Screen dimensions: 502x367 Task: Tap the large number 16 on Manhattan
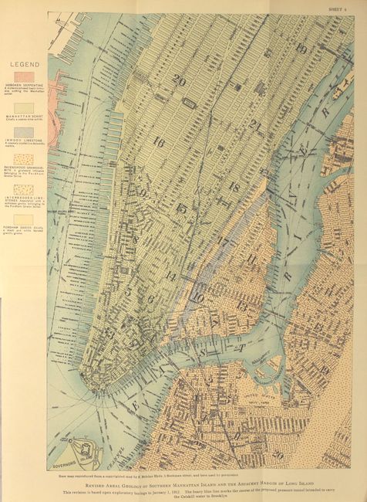coord(159,142)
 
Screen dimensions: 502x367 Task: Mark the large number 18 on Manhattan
coord(234,186)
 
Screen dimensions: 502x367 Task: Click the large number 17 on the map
coord(223,242)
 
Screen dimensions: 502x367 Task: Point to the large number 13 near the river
coord(243,306)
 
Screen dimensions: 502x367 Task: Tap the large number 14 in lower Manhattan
coord(170,276)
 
